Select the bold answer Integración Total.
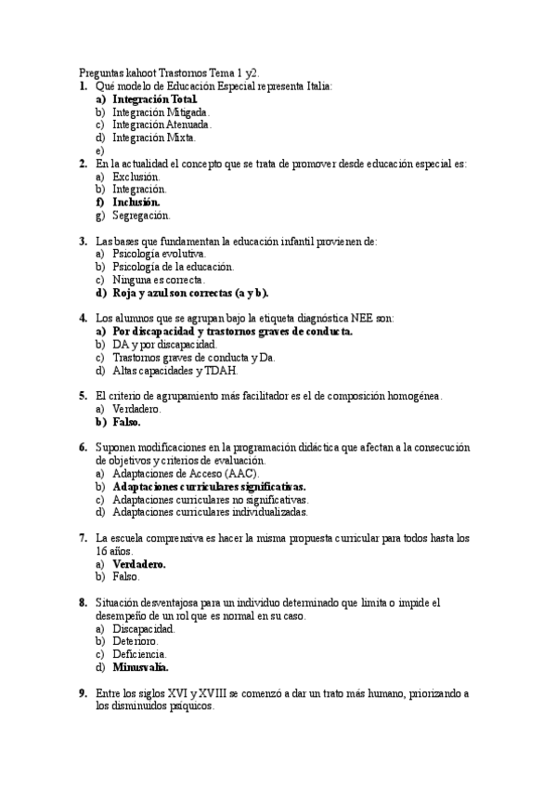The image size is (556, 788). coord(155,98)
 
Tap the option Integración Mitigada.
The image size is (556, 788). coord(154,112)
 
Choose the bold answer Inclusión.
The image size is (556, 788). coord(136,202)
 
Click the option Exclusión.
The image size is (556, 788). coord(136,176)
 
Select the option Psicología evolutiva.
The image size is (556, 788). coord(159,254)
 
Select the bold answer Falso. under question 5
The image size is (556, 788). coord(126,422)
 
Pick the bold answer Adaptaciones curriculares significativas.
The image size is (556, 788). coord(209,486)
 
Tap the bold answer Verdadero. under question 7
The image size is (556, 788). coord(139,563)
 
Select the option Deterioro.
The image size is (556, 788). coord(136,641)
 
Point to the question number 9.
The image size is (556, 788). coord(83,693)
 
